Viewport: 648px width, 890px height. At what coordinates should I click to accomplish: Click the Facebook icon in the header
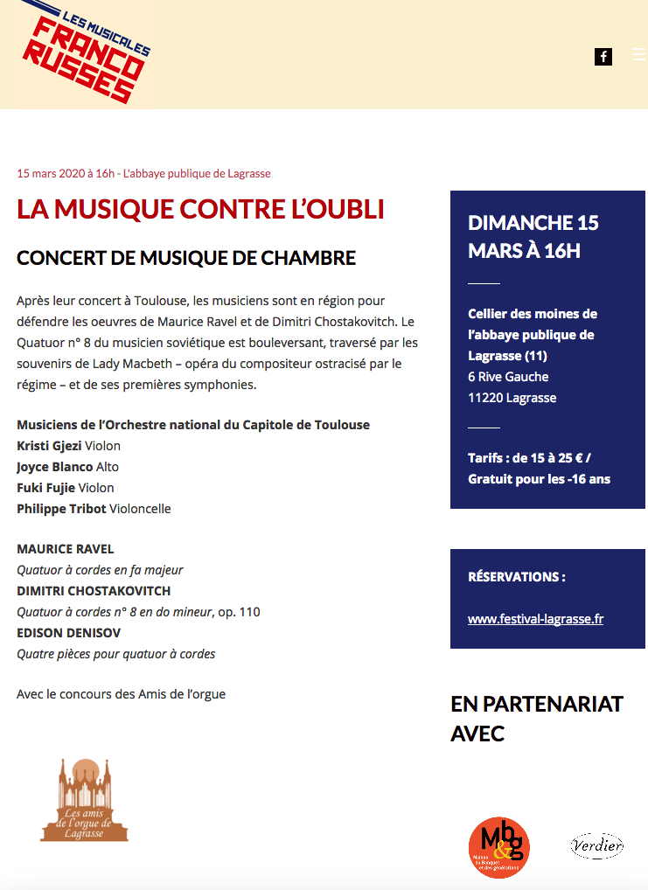point(603,57)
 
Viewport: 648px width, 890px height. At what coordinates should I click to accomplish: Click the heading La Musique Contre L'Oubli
point(200,210)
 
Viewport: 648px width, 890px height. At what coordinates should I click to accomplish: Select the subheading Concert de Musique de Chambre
point(186,258)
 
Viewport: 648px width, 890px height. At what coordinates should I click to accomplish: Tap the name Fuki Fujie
point(45,488)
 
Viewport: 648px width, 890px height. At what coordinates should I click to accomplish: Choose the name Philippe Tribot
point(60,509)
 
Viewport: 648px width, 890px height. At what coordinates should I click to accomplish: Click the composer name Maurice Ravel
point(66,549)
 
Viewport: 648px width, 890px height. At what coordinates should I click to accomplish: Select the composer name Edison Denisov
point(69,633)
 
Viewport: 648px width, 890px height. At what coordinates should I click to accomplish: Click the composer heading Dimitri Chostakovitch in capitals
point(94,591)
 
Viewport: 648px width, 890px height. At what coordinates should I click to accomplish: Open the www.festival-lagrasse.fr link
point(535,619)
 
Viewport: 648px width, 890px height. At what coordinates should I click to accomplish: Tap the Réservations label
point(517,577)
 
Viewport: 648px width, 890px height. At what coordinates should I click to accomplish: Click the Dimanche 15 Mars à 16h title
point(533,237)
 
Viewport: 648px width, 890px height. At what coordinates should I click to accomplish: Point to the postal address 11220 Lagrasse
point(512,398)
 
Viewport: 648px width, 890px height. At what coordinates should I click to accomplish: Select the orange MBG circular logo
point(498,846)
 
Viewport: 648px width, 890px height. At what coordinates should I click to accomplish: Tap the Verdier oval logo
point(596,845)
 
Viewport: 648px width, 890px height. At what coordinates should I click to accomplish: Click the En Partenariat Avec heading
point(537,718)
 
